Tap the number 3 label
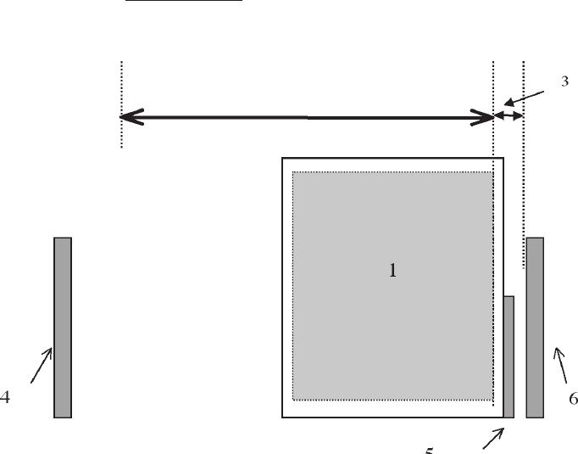[x=564, y=81]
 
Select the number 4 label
[x=5, y=397]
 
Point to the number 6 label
[x=573, y=397]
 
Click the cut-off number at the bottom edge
[x=430, y=450]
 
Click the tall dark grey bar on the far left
[x=62, y=328]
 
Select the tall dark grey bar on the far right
[x=535, y=328]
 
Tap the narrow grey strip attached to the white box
[x=509, y=356]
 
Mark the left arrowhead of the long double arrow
[x=127, y=116]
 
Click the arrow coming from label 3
[x=533, y=98]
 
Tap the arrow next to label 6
[x=559, y=366]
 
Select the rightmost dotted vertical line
[x=524, y=170]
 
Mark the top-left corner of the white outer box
[x=283, y=159]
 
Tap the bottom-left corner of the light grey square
[x=293, y=399]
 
